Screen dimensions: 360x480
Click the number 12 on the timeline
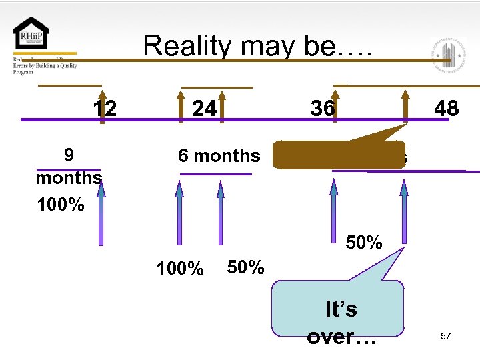click(105, 107)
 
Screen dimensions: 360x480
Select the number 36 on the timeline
click(322, 107)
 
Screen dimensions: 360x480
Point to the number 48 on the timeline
click(446, 107)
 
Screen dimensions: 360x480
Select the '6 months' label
click(219, 156)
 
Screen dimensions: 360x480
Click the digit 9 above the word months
click(68, 155)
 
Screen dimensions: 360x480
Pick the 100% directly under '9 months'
click(61, 204)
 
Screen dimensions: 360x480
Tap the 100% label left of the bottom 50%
click(179, 269)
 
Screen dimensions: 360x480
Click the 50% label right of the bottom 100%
click(245, 267)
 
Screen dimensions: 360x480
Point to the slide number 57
click(445, 336)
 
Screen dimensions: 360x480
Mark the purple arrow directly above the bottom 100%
click(179, 213)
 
